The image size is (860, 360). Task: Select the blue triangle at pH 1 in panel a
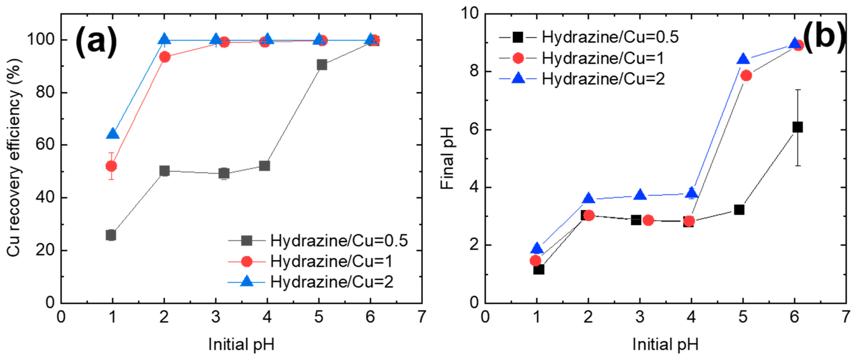pyautogui.click(x=113, y=134)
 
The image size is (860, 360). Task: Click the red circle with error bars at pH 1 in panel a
pyautogui.click(x=111, y=166)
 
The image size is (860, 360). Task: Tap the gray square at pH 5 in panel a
pyautogui.click(x=322, y=65)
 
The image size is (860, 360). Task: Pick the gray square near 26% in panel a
pyautogui.click(x=111, y=235)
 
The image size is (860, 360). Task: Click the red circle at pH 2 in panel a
pyautogui.click(x=165, y=57)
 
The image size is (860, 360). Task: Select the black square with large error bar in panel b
pyautogui.click(x=797, y=127)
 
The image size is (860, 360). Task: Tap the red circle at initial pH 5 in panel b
pyautogui.click(x=746, y=75)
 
